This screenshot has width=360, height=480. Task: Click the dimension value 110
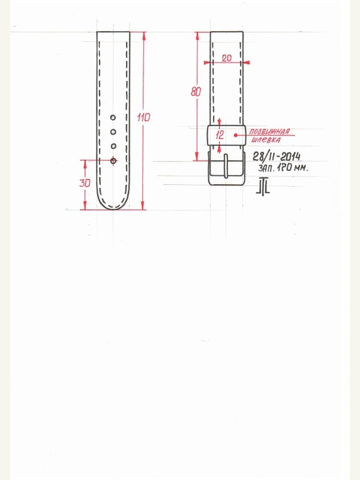point(143,117)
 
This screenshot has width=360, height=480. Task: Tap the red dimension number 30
point(85,183)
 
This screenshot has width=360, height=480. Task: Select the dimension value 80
point(196,92)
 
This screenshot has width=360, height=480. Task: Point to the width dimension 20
point(227,58)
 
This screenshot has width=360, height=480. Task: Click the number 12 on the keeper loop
point(220,135)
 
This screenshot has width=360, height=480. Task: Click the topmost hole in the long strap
point(113,118)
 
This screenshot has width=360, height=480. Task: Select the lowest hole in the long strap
point(113,161)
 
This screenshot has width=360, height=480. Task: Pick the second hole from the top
point(113,132)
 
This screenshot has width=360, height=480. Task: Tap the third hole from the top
point(113,146)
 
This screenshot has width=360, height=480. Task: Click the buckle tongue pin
point(226,166)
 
